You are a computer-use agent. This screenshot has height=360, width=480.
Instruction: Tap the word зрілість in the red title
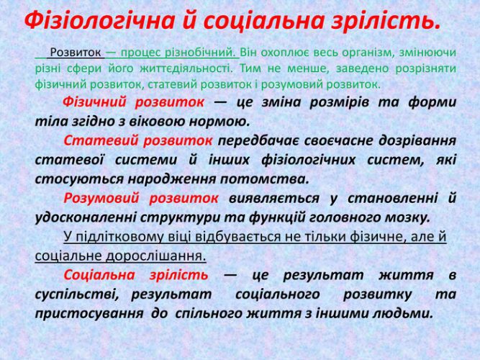point(386,21)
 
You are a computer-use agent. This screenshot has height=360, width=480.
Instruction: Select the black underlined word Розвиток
point(76,53)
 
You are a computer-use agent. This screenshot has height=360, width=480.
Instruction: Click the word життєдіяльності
point(186,68)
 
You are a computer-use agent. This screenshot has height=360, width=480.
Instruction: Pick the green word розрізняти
point(426,68)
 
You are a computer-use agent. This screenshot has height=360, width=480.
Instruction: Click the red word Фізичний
point(94,102)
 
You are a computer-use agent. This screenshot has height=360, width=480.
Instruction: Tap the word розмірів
point(340,102)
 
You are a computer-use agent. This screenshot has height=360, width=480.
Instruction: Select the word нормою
point(219,122)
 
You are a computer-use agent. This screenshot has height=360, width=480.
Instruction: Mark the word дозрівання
point(417,140)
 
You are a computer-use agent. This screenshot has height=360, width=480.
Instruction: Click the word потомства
point(265,179)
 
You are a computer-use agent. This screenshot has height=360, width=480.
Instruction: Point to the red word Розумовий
point(101,198)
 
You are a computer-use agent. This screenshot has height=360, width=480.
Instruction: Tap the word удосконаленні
point(86,218)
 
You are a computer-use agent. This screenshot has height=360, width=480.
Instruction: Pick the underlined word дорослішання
point(155,256)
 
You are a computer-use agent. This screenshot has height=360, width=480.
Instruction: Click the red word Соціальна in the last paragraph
point(99,275)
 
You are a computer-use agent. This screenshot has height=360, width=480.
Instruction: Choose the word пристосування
point(89,313)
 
